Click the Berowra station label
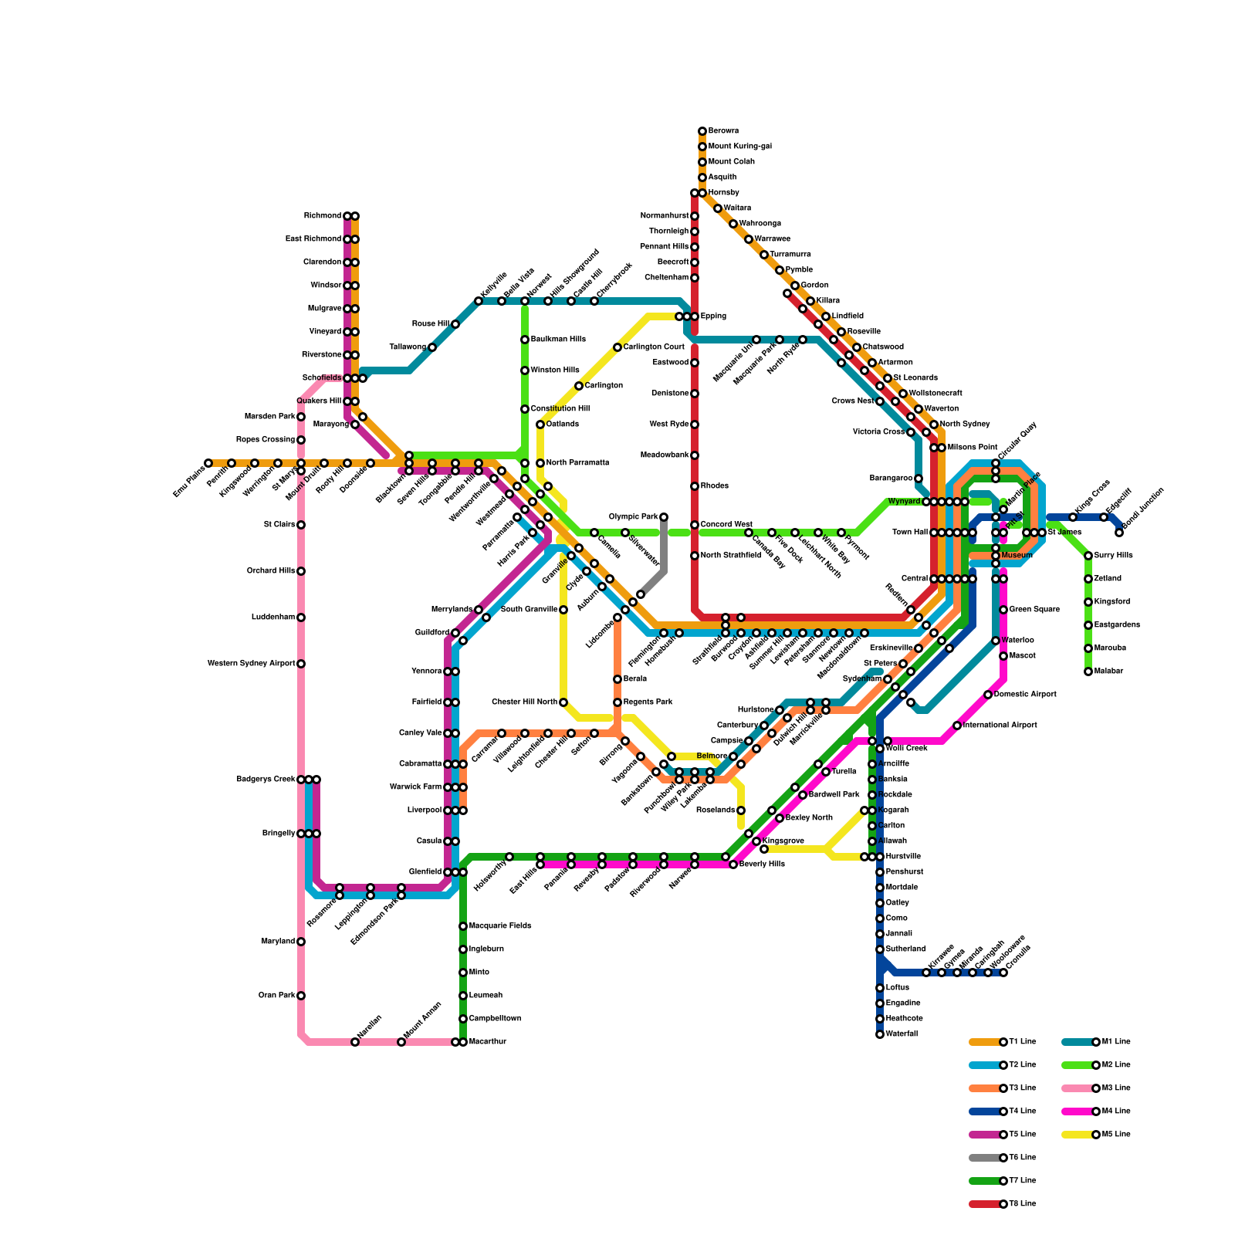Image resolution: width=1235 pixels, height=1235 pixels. (723, 131)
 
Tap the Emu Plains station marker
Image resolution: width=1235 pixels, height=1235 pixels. (208, 463)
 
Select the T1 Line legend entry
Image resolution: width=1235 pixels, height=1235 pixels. (1003, 1042)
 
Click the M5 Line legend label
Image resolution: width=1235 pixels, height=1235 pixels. (1116, 1135)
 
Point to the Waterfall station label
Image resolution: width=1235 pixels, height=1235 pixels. (902, 1034)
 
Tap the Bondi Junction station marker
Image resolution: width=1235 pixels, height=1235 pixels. (1119, 533)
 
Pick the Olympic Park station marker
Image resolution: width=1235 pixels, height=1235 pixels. (664, 517)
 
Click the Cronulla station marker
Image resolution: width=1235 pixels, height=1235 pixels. (1003, 973)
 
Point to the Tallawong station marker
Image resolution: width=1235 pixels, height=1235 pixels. (432, 347)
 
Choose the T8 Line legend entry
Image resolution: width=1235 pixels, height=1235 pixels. (1003, 1204)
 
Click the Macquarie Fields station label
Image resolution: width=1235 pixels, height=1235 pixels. (500, 926)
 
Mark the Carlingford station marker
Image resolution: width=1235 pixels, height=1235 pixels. (579, 386)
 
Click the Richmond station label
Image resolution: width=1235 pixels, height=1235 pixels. (322, 216)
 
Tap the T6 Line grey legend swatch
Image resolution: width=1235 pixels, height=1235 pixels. (985, 1158)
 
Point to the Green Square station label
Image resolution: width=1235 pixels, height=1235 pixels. (1034, 610)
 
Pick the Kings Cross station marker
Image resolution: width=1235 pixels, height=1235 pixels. (1073, 517)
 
